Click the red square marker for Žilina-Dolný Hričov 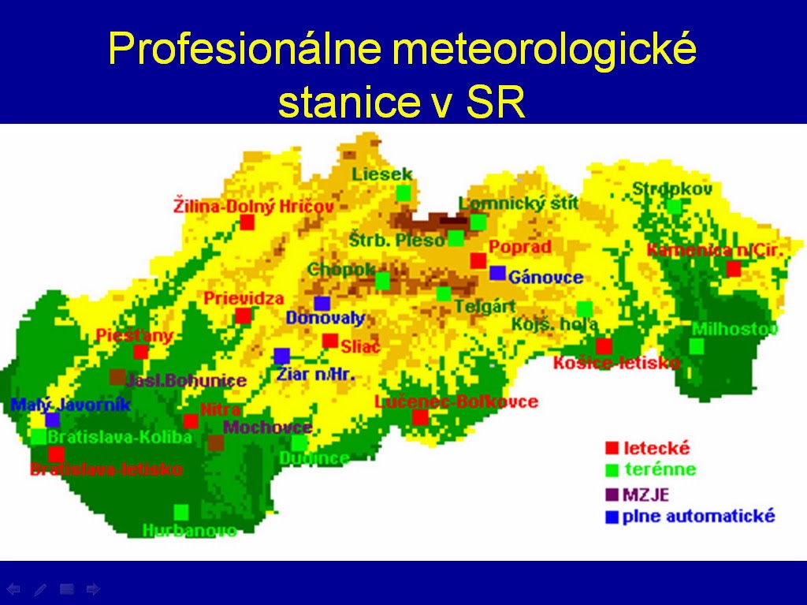pos(247,222)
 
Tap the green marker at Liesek pos(403,193)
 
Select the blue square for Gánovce pos(497,273)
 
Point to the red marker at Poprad pos(478,260)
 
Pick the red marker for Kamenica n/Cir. pos(734,268)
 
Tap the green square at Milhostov pos(697,346)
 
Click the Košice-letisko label pos(616,363)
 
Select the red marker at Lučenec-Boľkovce pos(420,416)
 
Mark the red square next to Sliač pos(330,341)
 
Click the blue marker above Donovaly pos(322,303)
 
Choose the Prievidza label pos(244,299)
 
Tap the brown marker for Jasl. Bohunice pos(117,377)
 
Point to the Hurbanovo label pos(190,531)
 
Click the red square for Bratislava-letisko pos(56,454)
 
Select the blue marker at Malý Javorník pos(52,420)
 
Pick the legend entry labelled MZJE pos(646,495)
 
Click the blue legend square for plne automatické pos(612,517)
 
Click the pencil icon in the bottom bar pos(40,588)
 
